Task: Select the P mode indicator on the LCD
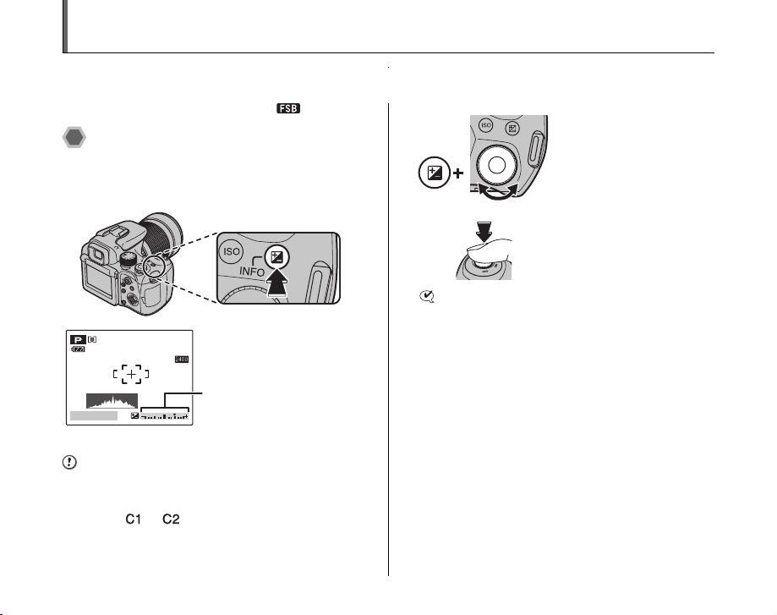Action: tap(77, 338)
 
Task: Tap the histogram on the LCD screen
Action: tap(112, 400)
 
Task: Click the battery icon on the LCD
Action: tap(77, 349)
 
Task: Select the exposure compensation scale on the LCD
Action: tap(167, 416)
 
